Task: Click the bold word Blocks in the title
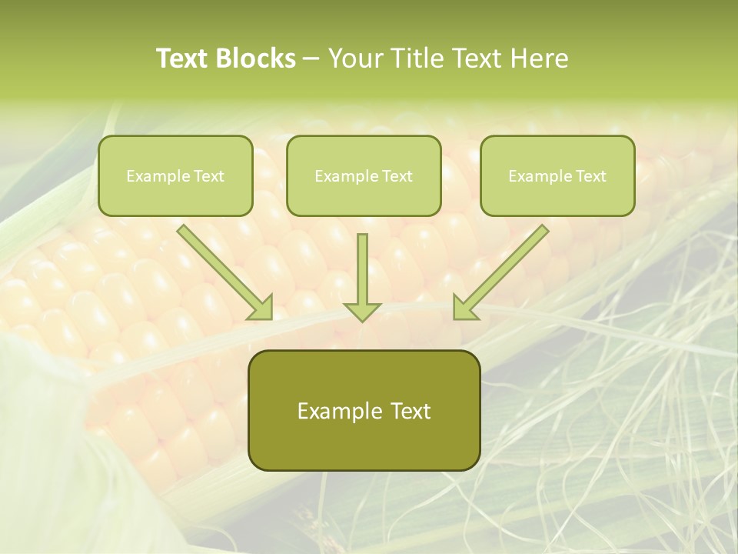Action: click(x=256, y=58)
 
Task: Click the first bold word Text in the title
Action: click(x=184, y=58)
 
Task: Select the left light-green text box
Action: click(x=175, y=175)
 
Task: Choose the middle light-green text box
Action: click(x=364, y=175)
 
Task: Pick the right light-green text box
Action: click(x=557, y=175)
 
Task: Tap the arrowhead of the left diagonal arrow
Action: click(x=261, y=308)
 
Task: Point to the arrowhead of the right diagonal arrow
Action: click(x=464, y=308)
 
